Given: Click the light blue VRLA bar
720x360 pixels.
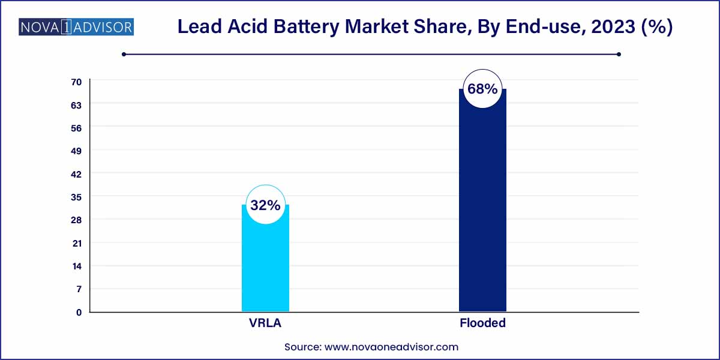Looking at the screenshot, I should [x=265, y=264].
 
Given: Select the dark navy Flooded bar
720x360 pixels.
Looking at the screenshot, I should [x=482, y=210].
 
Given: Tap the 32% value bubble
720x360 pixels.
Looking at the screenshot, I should [x=265, y=205].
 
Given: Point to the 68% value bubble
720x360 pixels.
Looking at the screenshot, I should [x=482, y=89].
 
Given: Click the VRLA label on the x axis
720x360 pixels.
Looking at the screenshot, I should [x=265, y=323].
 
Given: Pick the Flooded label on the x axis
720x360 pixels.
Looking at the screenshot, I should [x=482, y=323].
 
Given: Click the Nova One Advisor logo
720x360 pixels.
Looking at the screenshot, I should [x=76, y=27].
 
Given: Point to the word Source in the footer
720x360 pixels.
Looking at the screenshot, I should [x=302, y=346].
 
